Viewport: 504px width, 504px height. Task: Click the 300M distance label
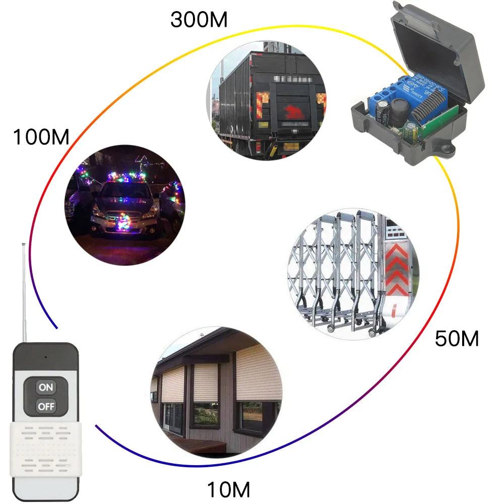pos(199,20)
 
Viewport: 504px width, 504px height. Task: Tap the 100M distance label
pos(41,137)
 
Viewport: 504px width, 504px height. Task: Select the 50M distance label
pos(457,339)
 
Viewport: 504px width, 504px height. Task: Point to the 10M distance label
pos(229,489)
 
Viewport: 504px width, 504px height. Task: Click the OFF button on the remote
pos(46,406)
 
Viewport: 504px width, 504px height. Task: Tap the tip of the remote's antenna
pos(23,245)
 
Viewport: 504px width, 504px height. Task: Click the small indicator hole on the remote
pos(45,357)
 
